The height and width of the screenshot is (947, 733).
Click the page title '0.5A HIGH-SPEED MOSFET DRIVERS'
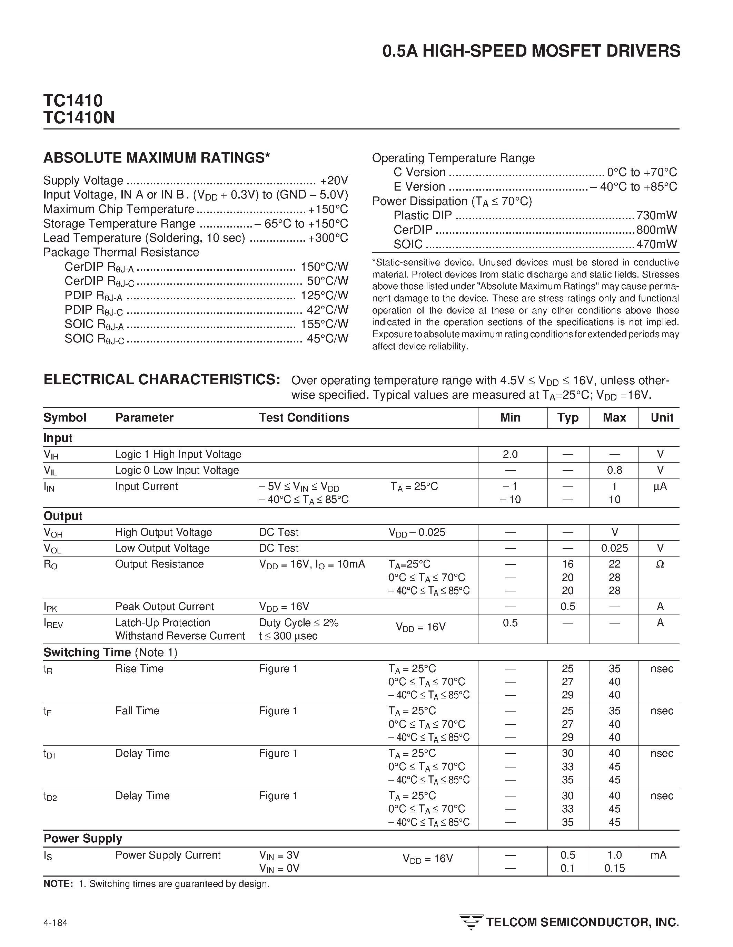[531, 51]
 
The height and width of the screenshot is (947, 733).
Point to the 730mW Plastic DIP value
[656, 215]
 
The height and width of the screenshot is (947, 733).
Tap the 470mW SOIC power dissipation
[656, 244]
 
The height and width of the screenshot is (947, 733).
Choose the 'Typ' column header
[567, 417]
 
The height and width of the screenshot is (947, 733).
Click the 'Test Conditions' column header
[304, 417]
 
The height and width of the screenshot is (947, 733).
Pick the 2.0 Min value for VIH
[510, 454]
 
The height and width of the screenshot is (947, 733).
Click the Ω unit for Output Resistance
[660, 564]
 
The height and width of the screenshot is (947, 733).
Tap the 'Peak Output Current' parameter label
[165, 606]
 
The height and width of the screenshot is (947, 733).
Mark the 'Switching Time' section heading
[87, 653]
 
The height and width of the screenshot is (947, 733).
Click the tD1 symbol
[50, 754]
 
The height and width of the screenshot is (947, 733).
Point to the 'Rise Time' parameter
[139, 669]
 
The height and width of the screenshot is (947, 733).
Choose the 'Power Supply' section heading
[83, 839]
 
